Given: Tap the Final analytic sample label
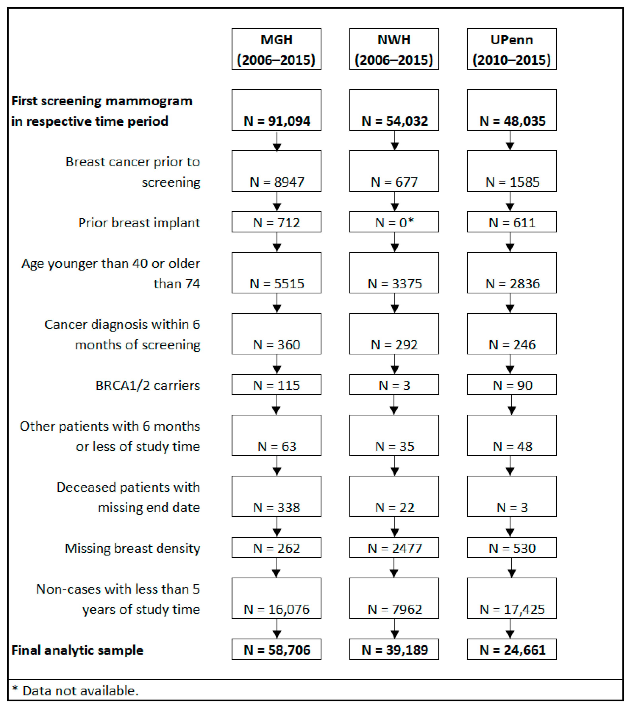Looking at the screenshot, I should point(77,650).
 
